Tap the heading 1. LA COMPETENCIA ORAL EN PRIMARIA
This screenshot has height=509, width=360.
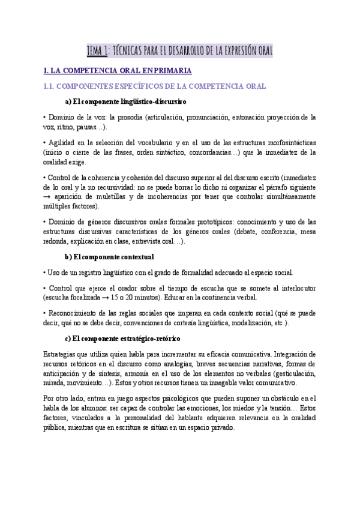coord(116,71)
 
